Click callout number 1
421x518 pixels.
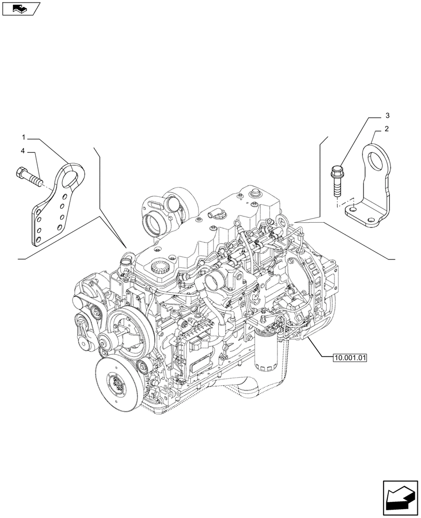[24, 137]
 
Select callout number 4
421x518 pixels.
[24, 151]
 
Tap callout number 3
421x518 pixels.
[386, 114]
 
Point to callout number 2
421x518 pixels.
[386, 128]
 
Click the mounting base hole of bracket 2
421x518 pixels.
[353, 208]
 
